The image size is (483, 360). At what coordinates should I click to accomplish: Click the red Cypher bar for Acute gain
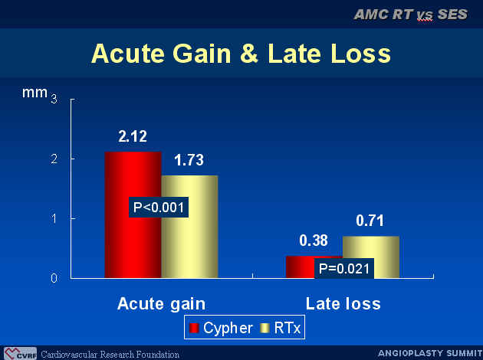point(133,214)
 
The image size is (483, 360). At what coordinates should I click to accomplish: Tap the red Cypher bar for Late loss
point(301,267)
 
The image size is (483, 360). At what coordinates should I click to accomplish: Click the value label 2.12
point(133,136)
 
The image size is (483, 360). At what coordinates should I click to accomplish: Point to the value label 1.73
point(189,160)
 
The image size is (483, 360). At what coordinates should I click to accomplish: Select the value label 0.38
point(314,241)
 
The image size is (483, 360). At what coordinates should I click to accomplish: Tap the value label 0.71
point(370,221)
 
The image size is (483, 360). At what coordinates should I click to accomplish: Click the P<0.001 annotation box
point(159,207)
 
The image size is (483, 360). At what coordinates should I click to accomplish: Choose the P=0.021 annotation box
point(344,268)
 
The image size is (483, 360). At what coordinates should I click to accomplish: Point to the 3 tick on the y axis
point(54,99)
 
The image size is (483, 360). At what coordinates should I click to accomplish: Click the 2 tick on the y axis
point(54,159)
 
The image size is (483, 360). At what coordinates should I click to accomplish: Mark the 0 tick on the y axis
point(54,278)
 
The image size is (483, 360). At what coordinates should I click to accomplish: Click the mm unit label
point(34,93)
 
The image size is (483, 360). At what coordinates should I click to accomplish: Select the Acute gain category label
point(161,304)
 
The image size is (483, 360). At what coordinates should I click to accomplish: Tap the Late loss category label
point(343,303)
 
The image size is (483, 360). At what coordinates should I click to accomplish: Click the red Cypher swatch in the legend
point(194,328)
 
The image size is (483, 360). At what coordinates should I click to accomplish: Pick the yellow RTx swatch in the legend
point(264,328)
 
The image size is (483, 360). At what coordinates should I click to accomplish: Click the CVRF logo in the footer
point(21,353)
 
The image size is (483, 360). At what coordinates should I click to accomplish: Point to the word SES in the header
point(452,15)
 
